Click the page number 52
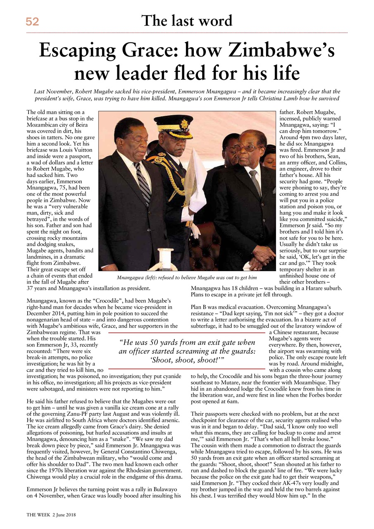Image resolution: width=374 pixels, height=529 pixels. [x=32, y=22]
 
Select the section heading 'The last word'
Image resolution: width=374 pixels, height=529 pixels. [x=187, y=20]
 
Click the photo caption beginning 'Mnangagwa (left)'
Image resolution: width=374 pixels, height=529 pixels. [x=186, y=277]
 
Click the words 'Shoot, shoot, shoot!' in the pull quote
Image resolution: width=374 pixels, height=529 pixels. [x=186, y=359]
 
